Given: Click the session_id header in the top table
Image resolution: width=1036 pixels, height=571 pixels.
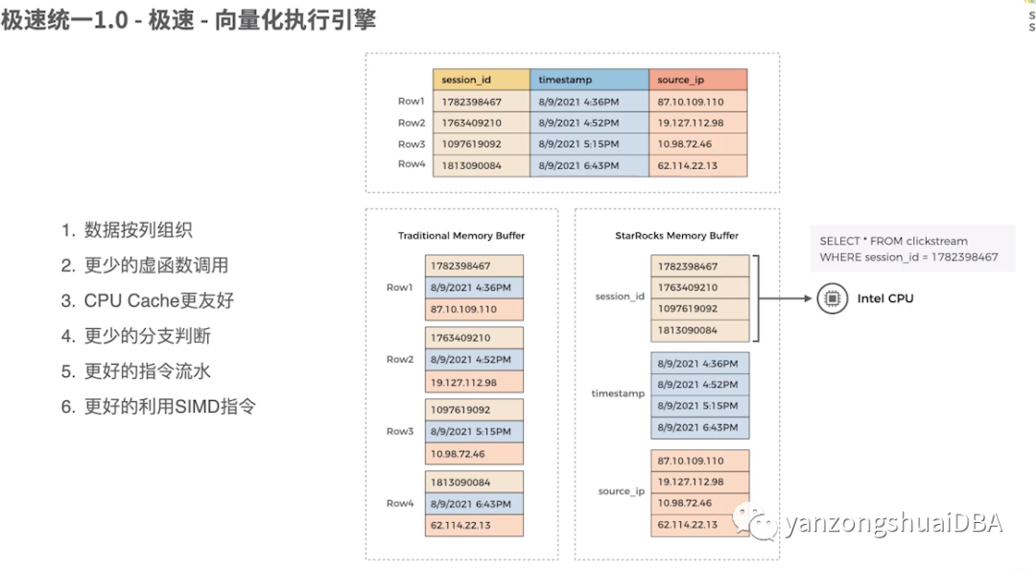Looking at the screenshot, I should click(x=467, y=81).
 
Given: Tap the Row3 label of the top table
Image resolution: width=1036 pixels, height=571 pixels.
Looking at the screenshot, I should click(x=412, y=144).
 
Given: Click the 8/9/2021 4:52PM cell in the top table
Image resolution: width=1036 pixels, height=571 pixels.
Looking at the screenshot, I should click(x=578, y=123).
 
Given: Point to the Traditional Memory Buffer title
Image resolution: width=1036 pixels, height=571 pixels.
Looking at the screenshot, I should click(x=461, y=235).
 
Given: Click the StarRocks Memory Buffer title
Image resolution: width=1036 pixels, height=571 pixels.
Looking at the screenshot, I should click(x=676, y=235).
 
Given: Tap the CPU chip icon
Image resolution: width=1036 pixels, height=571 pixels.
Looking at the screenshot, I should click(x=831, y=298).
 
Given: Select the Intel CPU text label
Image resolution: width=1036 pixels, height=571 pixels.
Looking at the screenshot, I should click(x=885, y=298).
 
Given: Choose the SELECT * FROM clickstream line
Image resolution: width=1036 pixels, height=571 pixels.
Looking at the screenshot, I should click(x=894, y=241).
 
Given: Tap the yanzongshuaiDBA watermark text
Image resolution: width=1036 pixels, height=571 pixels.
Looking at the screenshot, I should click(x=893, y=523).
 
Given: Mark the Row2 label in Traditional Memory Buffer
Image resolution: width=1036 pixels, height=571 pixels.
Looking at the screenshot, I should click(x=400, y=359).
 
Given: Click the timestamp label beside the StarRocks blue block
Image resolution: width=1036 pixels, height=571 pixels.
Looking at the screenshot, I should click(x=619, y=393).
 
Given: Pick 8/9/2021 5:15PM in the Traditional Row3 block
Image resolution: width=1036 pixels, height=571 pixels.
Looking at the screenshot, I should click(x=470, y=432).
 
